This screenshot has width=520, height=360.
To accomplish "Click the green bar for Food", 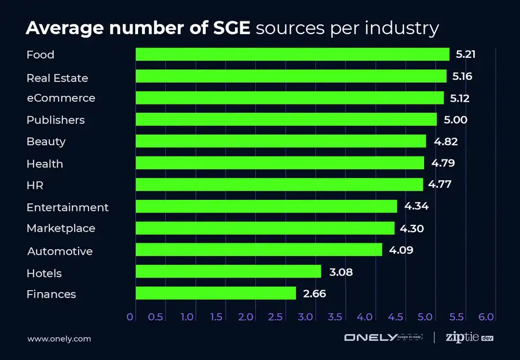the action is [x=292, y=54].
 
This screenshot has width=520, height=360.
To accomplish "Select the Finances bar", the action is [x=216, y=293].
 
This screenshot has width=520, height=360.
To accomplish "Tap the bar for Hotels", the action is [x=228, y=272].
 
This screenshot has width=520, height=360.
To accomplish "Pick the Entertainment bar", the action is [x=266, y=206].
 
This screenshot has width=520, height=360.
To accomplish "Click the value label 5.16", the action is [x=462, y=76].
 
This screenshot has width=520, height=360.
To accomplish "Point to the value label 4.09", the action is [x=402, y=250].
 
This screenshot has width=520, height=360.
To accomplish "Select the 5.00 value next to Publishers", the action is [x=456, y=120].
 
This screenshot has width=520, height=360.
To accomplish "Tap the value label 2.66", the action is [x=315, y=294].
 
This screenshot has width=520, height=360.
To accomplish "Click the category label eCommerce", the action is [x=61, y=98].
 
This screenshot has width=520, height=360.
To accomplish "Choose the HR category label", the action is [x=35, y=185].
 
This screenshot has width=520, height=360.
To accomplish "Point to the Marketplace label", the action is [x=61, y=228].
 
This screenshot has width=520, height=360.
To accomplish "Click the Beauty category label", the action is [x=46, y=142].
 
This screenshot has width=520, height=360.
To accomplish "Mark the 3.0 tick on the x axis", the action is [x=305, y=317].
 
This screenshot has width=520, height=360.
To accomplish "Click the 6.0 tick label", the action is [x=486, y=317].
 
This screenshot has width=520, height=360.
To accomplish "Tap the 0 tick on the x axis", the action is [x=129, y=317].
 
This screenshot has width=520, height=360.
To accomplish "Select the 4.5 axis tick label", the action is [x=395, y=317].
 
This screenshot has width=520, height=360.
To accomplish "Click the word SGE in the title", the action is [x=232, y=28].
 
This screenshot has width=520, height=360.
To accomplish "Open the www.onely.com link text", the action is [x=59, y=339].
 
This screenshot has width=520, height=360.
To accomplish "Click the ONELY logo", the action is [x=384, y=337].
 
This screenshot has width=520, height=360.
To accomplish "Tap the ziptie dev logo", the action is [x=470, y=337].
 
